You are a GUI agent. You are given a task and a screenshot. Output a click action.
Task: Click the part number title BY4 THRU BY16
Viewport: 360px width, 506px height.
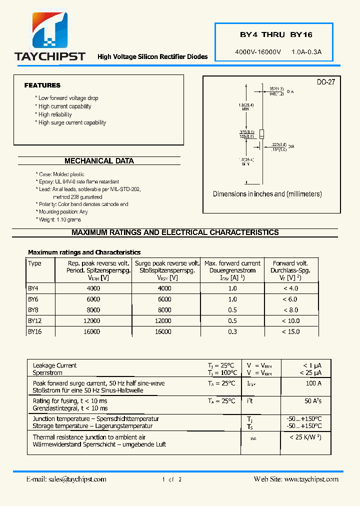(276, 35)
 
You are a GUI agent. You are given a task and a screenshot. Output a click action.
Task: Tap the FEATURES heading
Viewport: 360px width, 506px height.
(42, 85)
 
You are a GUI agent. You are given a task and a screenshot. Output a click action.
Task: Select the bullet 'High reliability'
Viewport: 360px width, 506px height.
(55, 114)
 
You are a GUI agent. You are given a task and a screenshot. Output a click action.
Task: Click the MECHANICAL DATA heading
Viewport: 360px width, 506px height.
(99, 161)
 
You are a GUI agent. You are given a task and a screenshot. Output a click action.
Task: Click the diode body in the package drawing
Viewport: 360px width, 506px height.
(261, 133)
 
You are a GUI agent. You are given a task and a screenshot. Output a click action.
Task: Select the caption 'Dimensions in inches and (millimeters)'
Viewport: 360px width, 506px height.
(267, 194)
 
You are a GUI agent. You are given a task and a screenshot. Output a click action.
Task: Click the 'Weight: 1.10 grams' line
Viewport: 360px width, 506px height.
(59, 219)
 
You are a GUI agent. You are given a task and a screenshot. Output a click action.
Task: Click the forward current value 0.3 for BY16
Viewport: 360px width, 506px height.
(232, 331)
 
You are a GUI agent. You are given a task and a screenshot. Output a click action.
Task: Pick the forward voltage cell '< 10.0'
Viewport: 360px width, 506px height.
(290, 320)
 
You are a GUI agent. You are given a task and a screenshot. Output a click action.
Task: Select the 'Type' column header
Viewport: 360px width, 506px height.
(35, 263)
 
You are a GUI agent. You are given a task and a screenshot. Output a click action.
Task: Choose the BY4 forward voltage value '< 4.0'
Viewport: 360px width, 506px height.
(290, 288)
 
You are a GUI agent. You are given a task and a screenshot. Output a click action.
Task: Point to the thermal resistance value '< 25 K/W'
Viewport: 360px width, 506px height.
(305, 437)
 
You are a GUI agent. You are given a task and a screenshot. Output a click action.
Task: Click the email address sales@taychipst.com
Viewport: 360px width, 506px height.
(77, 479)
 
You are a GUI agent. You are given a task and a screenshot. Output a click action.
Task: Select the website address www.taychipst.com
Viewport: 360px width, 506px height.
(311, 479)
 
